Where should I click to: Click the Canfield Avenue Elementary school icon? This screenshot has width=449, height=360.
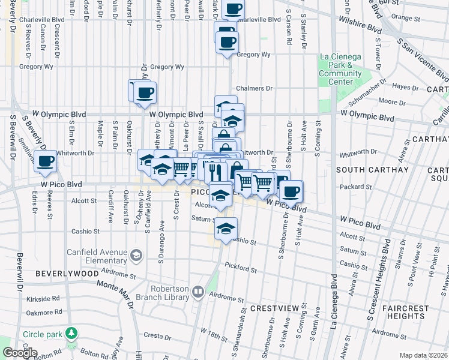click(x=136, y=256)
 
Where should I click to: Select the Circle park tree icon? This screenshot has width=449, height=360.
click(x=71, y=332)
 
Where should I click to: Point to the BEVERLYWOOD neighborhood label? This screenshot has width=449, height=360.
click(x=67, y=273)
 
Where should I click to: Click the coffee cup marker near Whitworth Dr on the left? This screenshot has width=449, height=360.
click(x=46, y=160)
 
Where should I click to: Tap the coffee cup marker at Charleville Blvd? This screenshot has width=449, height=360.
click(x=233, y=9)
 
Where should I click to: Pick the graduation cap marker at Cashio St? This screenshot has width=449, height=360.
click(x=226, y=229)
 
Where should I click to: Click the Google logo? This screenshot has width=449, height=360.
click(x=19, y=353)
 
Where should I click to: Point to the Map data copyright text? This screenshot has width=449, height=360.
click(x=424, y=355)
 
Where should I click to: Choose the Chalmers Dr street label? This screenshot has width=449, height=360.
click(x=250, y=88)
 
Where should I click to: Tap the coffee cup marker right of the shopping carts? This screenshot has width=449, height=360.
click(x=291, y=192)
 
